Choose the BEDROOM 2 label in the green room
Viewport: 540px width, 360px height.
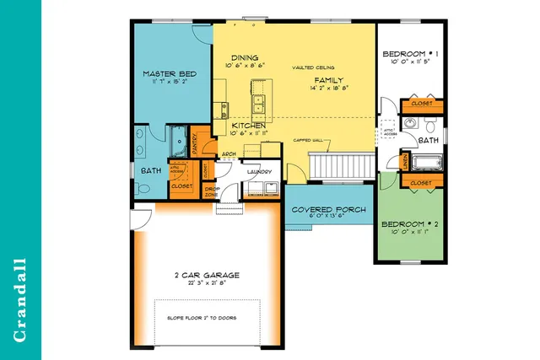click(x=409, y=224)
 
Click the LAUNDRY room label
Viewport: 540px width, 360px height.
click(x=257, y=171)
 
